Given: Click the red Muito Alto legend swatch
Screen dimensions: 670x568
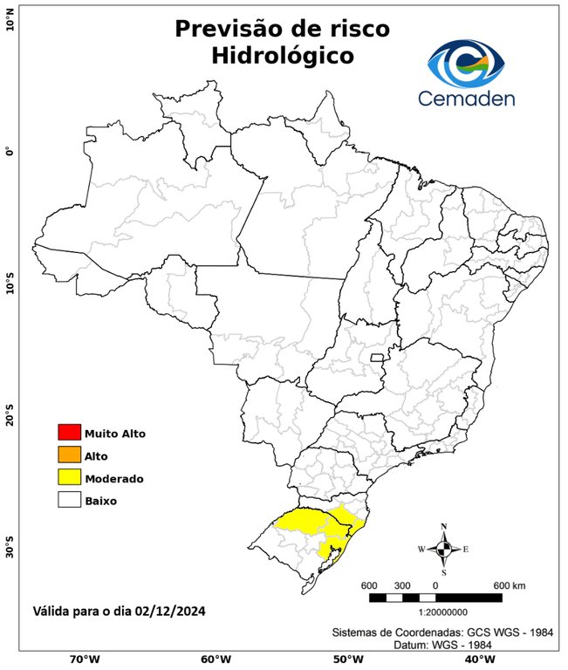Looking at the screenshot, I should coord(69,433).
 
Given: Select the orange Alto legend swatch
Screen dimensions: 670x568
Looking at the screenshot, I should coord(69,455).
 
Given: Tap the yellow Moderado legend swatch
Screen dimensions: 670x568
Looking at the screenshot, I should coord(69,478).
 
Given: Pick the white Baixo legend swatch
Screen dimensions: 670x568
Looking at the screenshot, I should coord(69,501).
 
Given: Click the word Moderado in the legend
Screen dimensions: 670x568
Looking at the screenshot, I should coord(114,479).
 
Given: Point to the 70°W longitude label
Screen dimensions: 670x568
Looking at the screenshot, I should coord(84,660).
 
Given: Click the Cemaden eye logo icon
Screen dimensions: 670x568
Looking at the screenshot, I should coord(471,61).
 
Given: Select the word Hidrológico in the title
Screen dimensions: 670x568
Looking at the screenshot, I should coord(282,56).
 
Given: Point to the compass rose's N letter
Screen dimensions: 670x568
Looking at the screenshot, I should coord(444,526).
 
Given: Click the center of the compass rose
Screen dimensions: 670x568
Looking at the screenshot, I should coord(444,549).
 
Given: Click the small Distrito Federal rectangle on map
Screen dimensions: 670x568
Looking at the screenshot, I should coord(379,358).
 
